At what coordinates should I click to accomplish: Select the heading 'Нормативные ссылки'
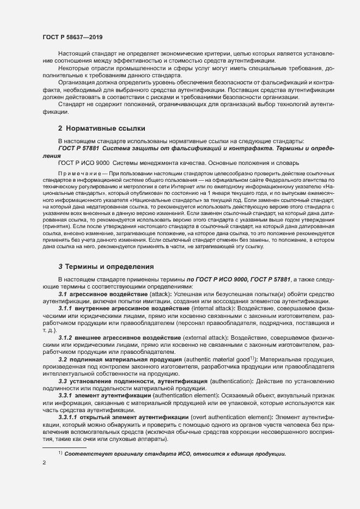click(x=105, y=129)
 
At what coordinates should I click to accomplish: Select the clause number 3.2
click(x=62, y=359)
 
